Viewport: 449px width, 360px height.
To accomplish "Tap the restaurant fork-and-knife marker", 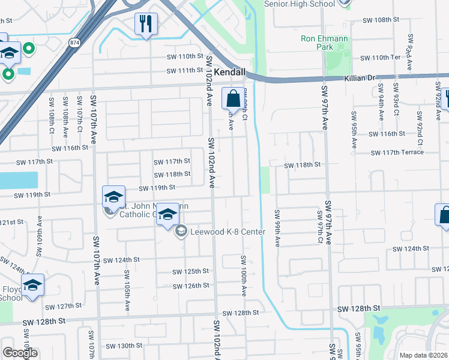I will point(146,25).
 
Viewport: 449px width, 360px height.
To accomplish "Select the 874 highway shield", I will point(74,43).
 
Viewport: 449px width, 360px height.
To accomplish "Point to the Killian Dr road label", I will point(360,78).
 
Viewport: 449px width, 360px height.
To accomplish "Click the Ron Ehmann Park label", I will point(324,43).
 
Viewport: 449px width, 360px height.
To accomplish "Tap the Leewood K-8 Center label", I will point(228,231).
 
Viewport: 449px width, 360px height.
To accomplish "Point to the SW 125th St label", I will point(191,272).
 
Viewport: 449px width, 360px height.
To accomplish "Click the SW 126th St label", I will point(191,286).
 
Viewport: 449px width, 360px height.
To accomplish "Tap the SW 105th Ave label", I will point(127,290).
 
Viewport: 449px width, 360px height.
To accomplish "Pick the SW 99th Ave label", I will point(278,229).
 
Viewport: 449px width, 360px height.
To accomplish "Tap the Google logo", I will point(20,353).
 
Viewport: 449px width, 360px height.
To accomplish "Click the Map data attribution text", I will point(424,355).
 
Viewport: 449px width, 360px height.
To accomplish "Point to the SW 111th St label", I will point(185,70).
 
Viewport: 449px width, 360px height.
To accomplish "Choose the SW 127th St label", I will point(64,305).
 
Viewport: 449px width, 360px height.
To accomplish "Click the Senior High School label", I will point(299,4).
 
